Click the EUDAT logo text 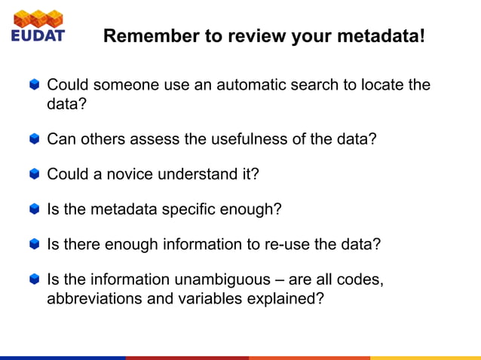click(38, 35)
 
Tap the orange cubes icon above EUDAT click(38, 17)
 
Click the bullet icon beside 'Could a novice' click(35, 174)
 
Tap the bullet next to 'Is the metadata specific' click(35, 209)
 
